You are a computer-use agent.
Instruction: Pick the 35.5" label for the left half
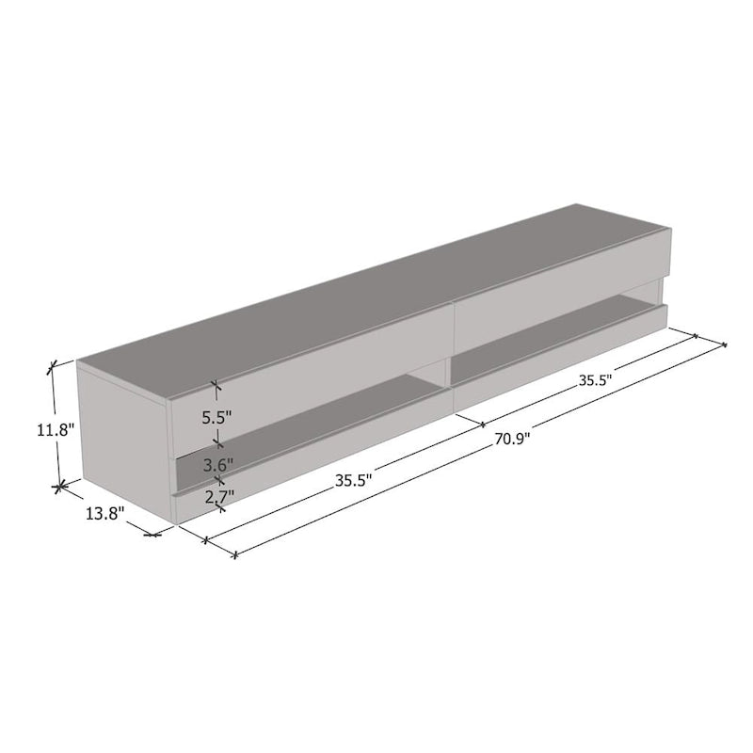coord(354,479)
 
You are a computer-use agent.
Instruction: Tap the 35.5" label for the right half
coord(596,380)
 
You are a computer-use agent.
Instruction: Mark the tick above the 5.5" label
coord(217,385)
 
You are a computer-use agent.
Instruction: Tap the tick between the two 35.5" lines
coord(483,425)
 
